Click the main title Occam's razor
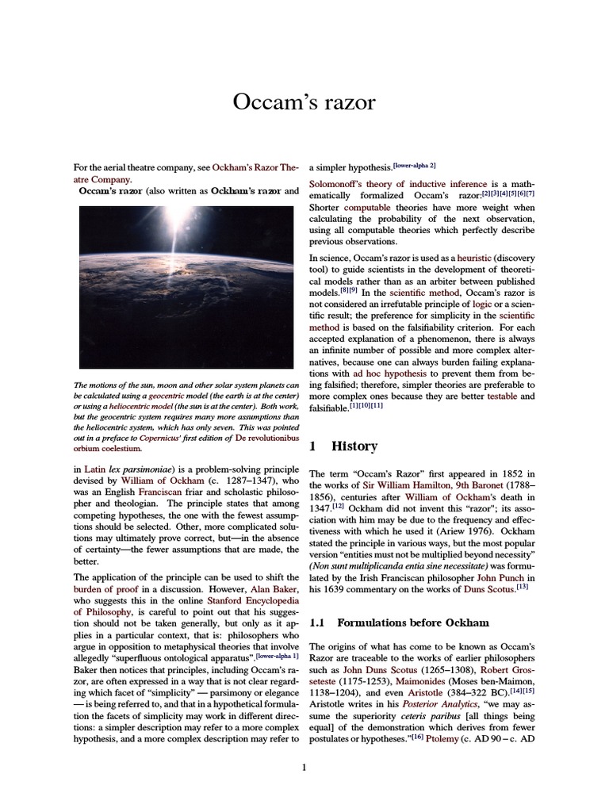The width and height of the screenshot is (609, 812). coord(304,101)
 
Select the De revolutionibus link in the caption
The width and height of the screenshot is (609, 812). coord(266,438)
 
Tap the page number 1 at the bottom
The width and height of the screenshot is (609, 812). coord(304,767)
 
